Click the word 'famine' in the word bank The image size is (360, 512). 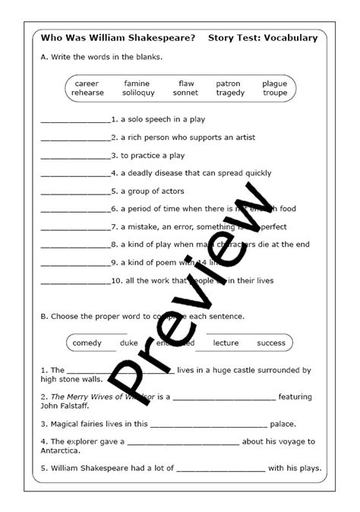coord(137,84)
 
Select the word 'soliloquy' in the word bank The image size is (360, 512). coord(138,93)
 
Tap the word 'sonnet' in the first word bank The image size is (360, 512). coord(185,93)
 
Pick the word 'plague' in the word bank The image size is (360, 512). coord(275,84)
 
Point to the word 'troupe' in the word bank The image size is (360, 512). coord(275,93)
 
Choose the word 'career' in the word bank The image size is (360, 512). coord(87,84)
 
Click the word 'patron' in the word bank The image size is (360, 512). coord(228,84)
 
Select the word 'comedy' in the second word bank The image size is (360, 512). coord(87,343)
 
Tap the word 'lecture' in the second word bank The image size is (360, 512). coord(226,343)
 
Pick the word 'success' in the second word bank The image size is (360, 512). coord(271,343)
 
